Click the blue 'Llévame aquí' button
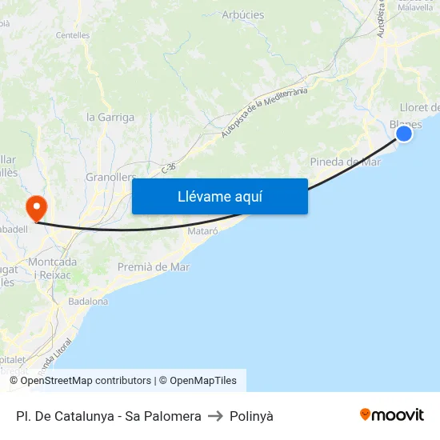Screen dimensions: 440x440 [x=219, y=196]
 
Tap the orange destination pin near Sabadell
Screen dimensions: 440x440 [x=36, y=209]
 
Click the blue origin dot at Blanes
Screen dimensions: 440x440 [x=404, y=133]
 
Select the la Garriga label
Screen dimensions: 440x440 [x=110, y=117]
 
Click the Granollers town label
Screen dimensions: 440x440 [x=110, y=177]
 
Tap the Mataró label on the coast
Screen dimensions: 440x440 [x=202, y=231]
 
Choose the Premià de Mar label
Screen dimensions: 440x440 [x=154, y=267]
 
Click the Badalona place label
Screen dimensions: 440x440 [x=88, y=302]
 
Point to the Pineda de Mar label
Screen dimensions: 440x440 [x=345, y=162]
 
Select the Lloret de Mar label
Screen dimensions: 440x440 [x=419, y=108]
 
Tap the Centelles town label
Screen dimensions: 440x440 [x=73, y=35]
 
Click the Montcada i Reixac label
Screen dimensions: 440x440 [x=53, y=268]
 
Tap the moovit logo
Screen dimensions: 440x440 [x=391, y=414]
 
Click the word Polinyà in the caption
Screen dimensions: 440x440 [x=251, y=416]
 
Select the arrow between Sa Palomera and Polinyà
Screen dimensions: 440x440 [x=215, y=416]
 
